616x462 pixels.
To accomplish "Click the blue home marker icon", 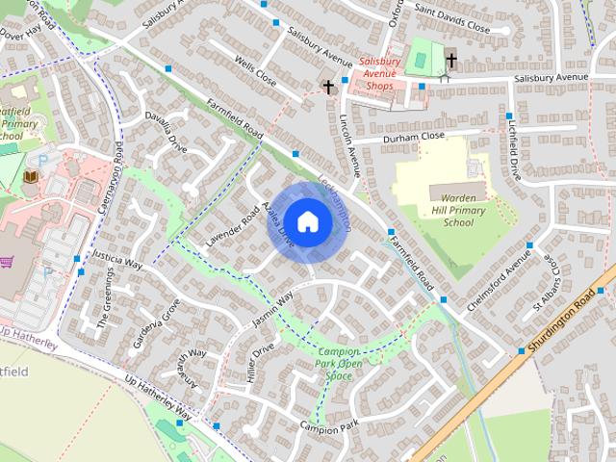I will pos(307,221).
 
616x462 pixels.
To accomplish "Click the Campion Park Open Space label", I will pos(338,364).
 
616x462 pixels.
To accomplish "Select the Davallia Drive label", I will pos(166,132).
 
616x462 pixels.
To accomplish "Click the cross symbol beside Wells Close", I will pos(328,88).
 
